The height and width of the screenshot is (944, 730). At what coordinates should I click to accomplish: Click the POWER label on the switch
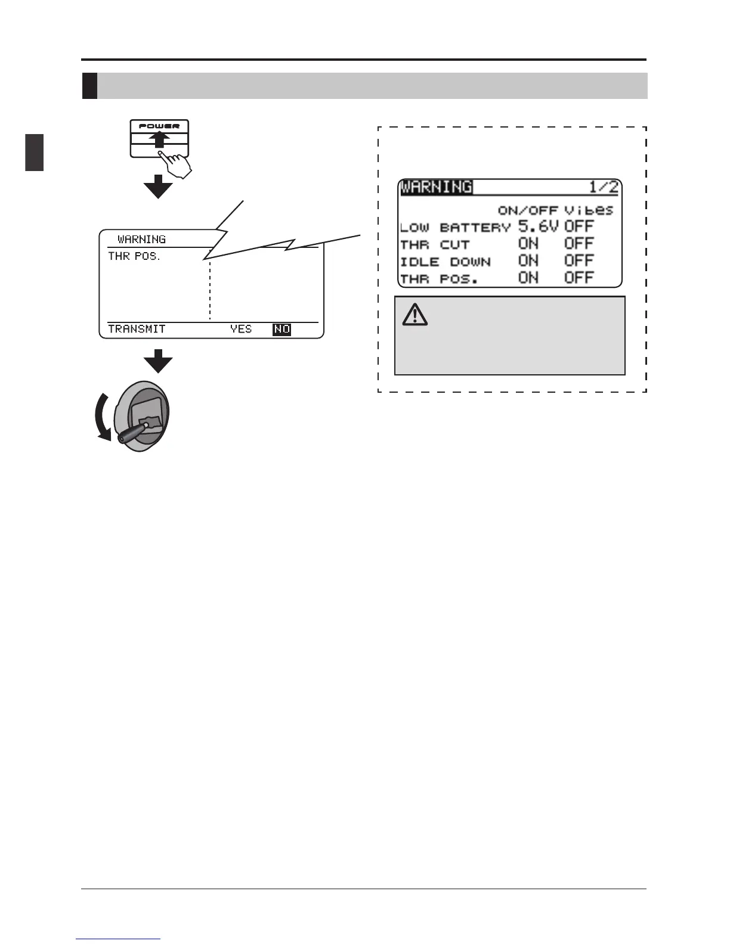coord(159,126)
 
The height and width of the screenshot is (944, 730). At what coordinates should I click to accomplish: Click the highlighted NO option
coord(282,329)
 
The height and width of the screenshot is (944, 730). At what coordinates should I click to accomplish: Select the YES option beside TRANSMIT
coord(241,329)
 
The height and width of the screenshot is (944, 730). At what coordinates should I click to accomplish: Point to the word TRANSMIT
coord(137,329)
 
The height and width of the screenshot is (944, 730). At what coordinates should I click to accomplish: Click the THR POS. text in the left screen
coord(134,257)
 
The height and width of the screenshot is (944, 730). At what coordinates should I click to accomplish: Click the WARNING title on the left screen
coord(141,240)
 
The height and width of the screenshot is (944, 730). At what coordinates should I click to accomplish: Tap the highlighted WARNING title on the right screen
coord(437,187)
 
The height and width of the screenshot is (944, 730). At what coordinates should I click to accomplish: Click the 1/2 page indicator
coord(604,187)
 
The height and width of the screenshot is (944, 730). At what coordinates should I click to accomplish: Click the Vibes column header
coord(589,210)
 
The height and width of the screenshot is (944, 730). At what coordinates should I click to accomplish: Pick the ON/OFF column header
coord(528,210)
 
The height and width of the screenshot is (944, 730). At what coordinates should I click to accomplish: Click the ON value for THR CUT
coord(528,244)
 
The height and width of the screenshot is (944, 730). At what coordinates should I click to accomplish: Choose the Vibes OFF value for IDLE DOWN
coord(579,261)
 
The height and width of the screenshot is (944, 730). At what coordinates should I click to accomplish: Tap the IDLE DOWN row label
coord(446,262)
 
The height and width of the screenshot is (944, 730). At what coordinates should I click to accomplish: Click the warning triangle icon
coord(415,315)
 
